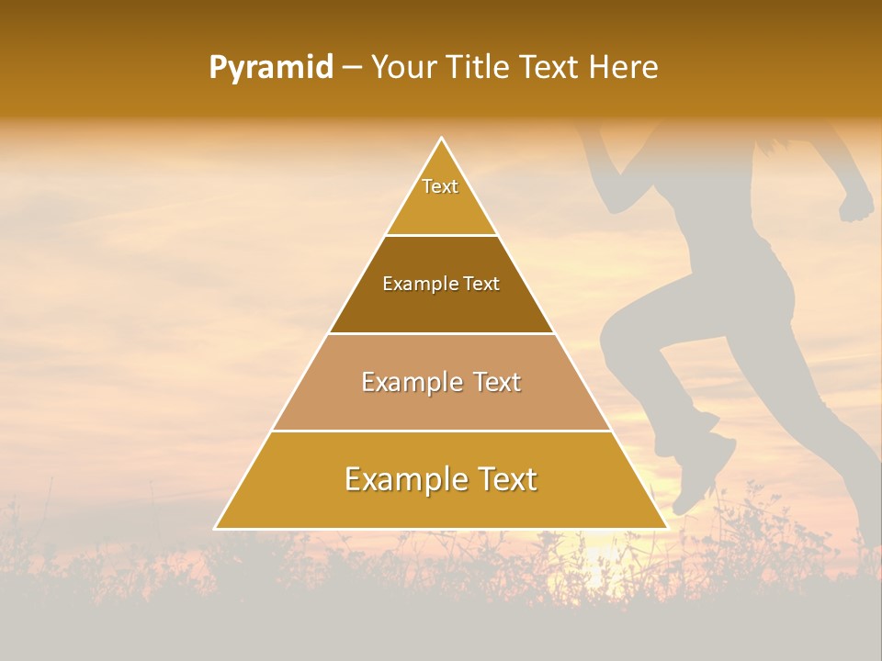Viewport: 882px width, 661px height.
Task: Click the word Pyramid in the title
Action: pos(270,67)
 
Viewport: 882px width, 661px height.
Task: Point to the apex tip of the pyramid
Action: pos(441,139)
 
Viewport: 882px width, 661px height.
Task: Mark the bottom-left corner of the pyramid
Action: pos(216,528)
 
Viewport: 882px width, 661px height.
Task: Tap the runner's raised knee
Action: pos(614,335)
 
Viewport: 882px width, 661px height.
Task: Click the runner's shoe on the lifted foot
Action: pos(703,477)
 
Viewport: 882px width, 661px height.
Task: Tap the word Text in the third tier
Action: pos(494,382)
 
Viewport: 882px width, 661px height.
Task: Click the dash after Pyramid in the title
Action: pos(352,67)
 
